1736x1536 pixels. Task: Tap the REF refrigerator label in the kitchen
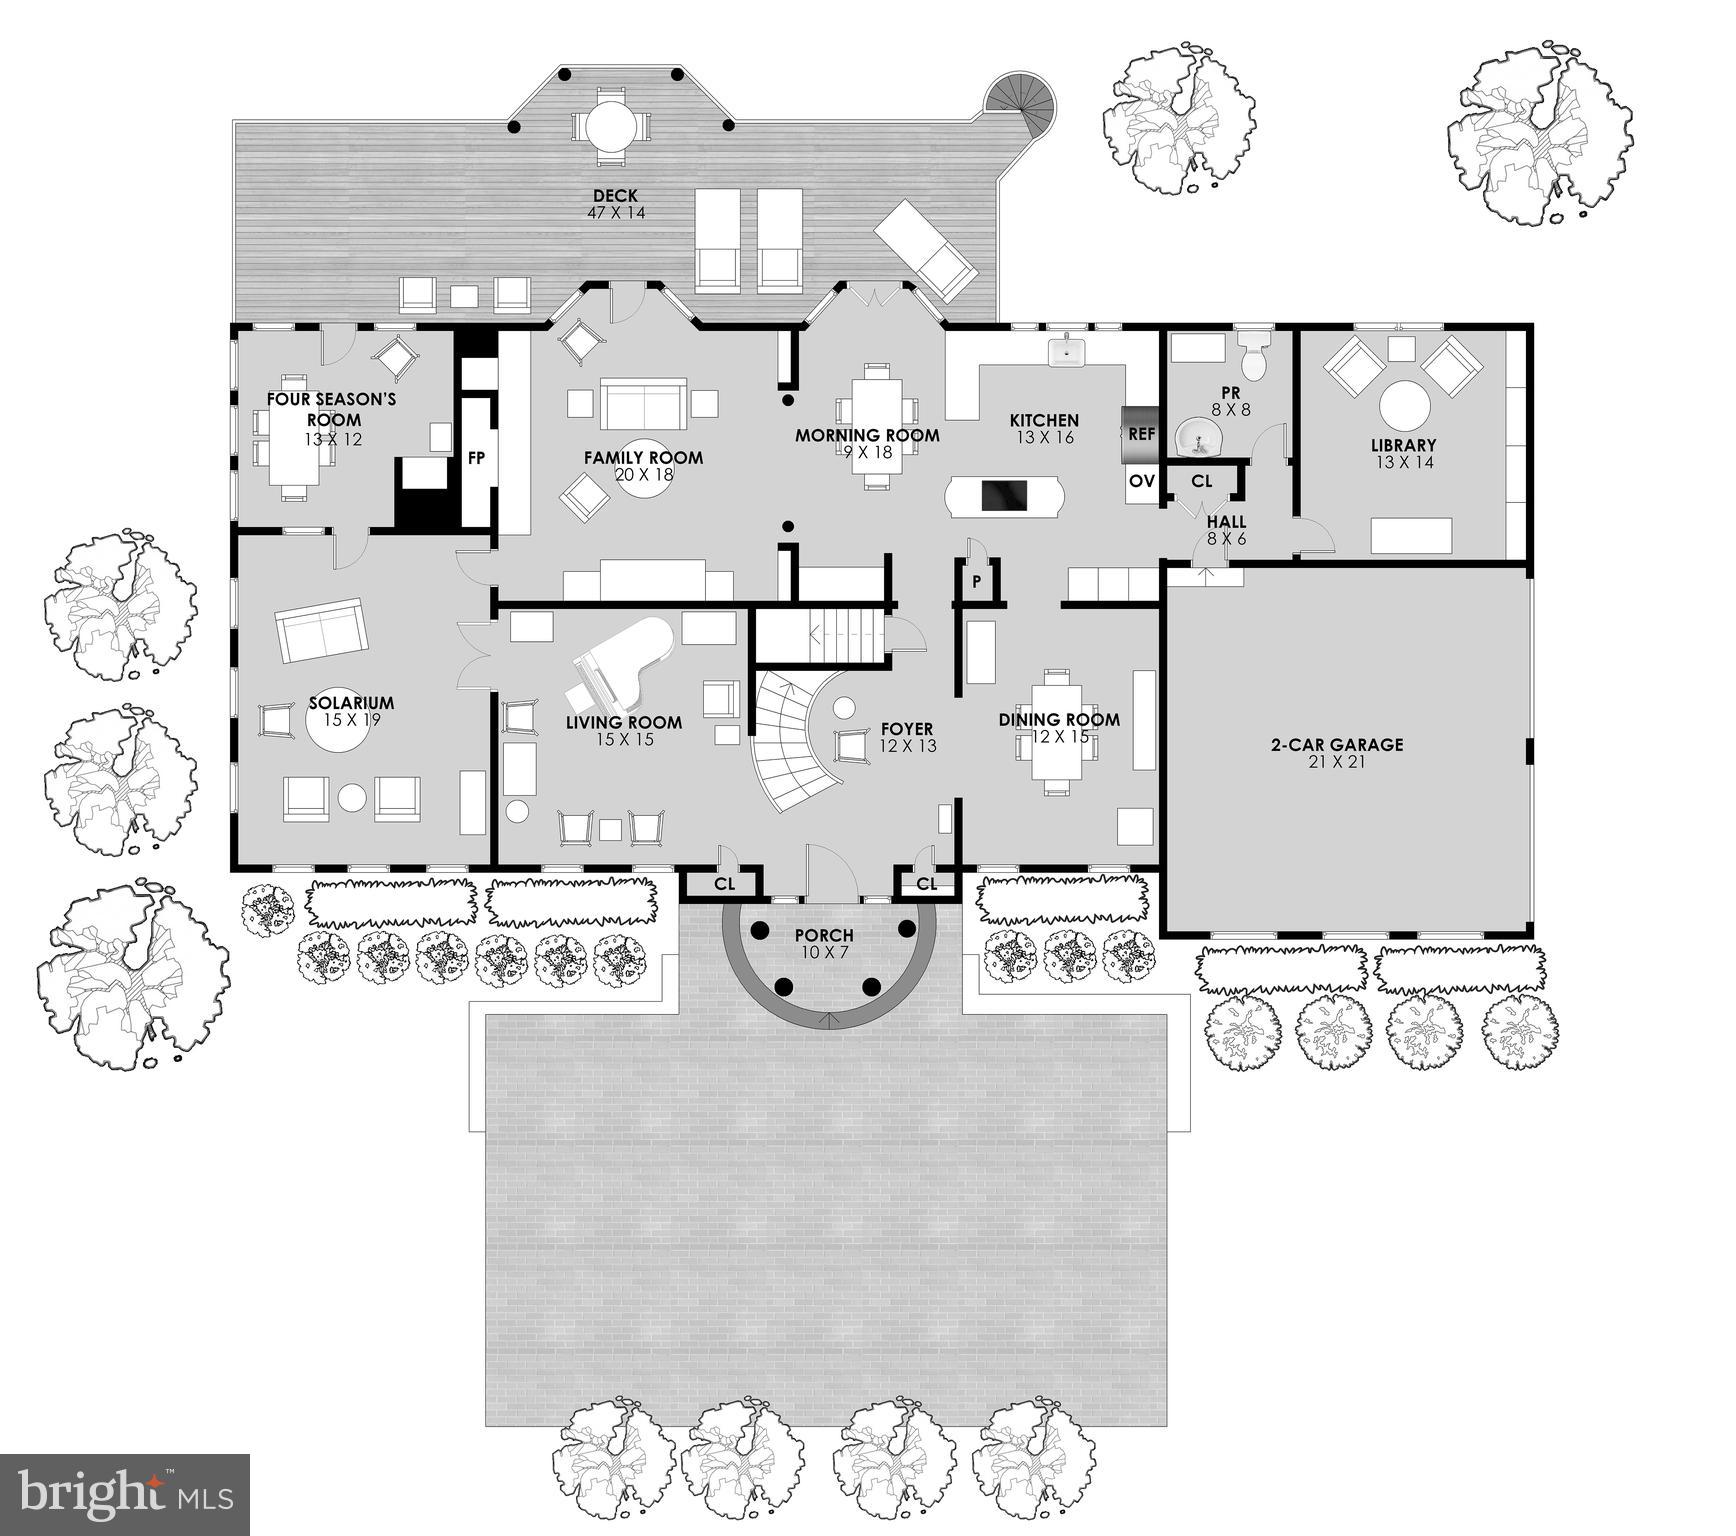[1141, 434]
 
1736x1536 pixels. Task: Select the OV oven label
[1141, 481]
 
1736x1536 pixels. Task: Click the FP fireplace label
[477, 458]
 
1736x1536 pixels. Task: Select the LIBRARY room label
[1403, 445]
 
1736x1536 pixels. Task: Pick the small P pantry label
[977, 582]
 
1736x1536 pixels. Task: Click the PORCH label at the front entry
[824, 936]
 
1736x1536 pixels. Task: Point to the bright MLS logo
[125, 1495]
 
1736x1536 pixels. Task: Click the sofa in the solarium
[321, 630]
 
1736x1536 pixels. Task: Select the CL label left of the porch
[724, 884]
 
